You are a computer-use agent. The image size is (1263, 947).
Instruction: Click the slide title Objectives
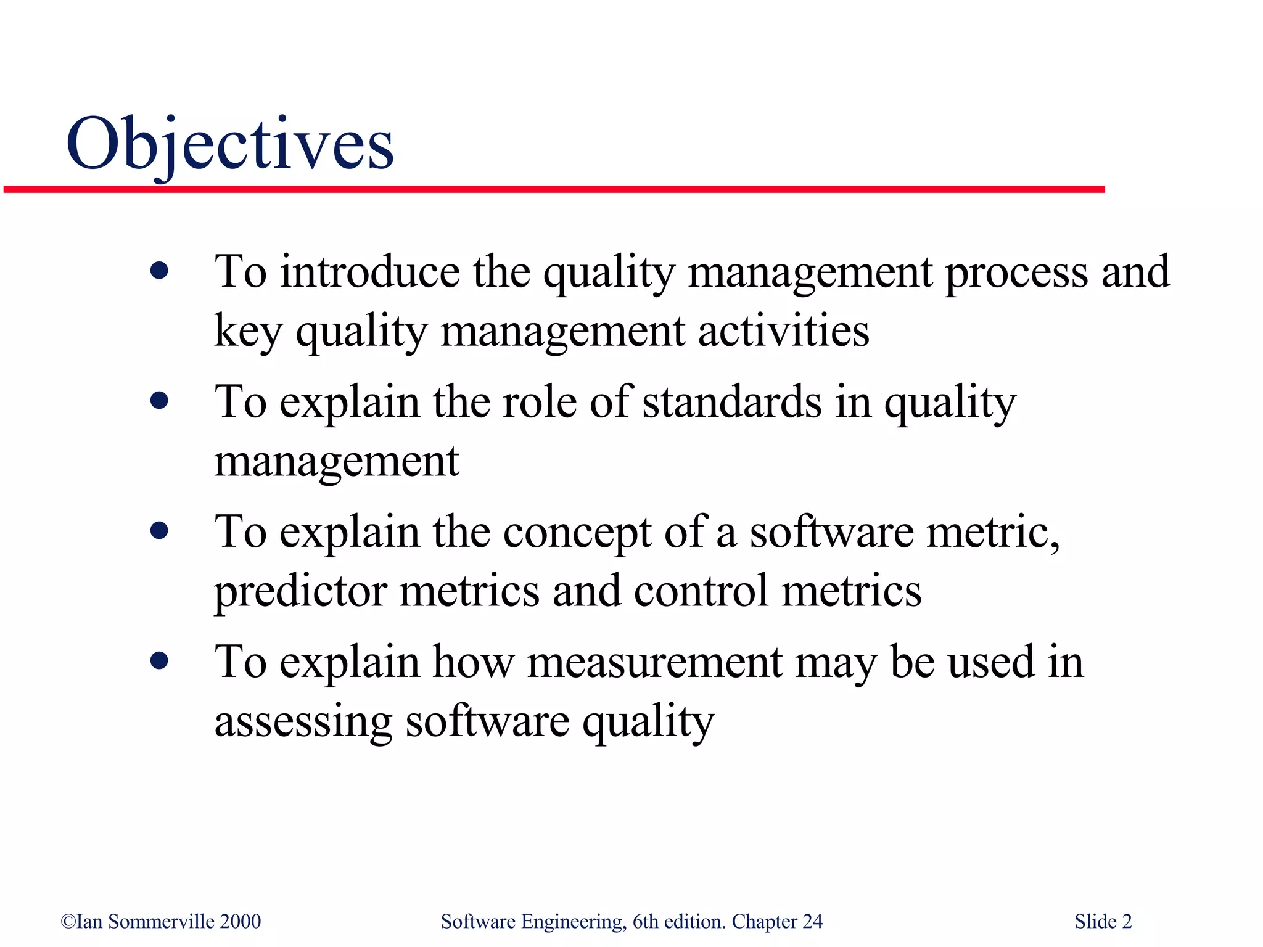229,145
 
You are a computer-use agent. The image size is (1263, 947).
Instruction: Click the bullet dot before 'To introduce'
159,271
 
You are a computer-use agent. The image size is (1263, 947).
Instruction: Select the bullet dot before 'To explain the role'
159,401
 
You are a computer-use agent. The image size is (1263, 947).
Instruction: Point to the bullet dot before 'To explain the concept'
159,531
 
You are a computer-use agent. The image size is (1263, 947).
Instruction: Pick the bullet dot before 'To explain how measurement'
159,662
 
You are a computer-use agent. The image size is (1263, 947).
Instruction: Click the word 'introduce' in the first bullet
369,272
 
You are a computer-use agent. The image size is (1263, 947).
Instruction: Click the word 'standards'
732,402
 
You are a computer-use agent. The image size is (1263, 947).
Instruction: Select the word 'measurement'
654,663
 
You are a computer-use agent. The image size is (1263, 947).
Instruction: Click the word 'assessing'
303,721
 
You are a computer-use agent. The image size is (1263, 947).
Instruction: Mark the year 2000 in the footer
241,922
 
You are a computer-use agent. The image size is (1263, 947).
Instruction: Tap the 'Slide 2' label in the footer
1103,922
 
